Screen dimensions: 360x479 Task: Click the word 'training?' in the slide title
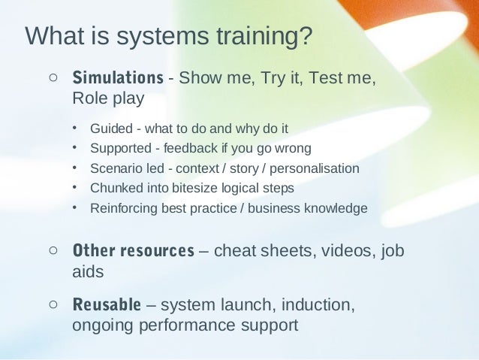tap(262, 36)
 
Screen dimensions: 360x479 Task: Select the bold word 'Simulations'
tap(117, 77)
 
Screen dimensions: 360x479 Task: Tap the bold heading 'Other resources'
tap(133, 250)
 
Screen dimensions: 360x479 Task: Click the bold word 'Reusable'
tap(106, 305)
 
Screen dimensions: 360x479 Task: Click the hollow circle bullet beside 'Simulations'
tap(53, 77)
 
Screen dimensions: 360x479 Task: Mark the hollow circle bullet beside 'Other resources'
tap(53, 250)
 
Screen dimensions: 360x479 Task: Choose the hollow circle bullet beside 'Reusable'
tap(53, 304)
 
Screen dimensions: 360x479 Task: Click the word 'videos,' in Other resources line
tap(351, 250)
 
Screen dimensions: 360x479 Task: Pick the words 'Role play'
tap(108, 98)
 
